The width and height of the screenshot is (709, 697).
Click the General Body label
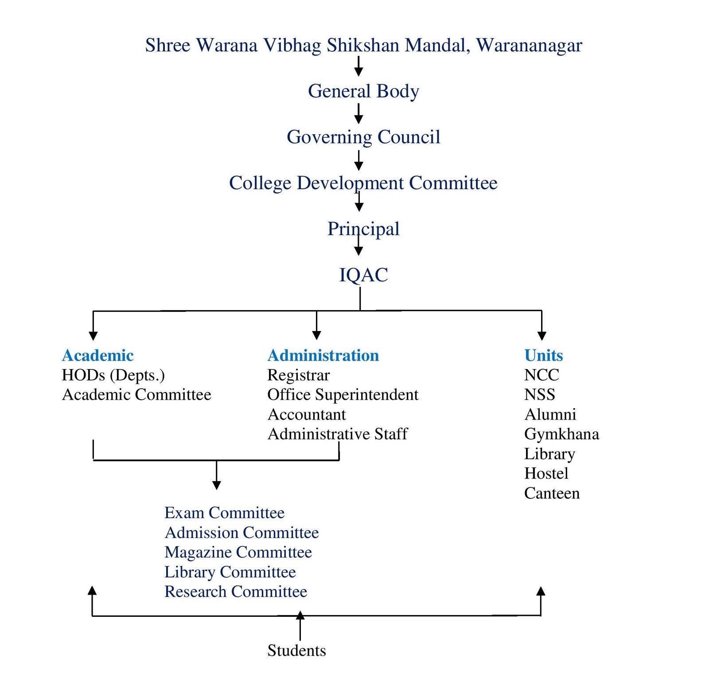coord(363,92)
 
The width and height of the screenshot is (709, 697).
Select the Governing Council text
coord(363,137)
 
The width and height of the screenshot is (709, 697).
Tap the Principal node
coord(363,229)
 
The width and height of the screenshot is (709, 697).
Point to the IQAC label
coord(363,275)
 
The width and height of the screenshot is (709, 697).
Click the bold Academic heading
coord(98,355)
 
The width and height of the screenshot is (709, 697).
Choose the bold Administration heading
coord(323,355)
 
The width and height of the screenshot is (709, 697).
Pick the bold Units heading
coord(544,355)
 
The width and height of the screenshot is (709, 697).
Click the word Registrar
coord(299,376)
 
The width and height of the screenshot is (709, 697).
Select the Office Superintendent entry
coord(343,395)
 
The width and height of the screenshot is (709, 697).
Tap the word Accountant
coord(307,415)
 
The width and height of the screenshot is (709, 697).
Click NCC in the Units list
coord(541,375)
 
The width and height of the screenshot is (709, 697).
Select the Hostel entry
coord(546,474)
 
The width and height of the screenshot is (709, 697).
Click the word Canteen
coord(552,494)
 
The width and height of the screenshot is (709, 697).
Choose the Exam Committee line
coord(225,513)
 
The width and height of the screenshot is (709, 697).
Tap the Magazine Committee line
coord(238,553)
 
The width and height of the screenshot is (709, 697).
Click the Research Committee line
coord(236,592)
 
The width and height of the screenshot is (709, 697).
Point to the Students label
coord(297,650)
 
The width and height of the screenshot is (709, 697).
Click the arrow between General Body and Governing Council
coord(359,113)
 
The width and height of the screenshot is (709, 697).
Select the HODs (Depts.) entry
coord(113,376)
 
